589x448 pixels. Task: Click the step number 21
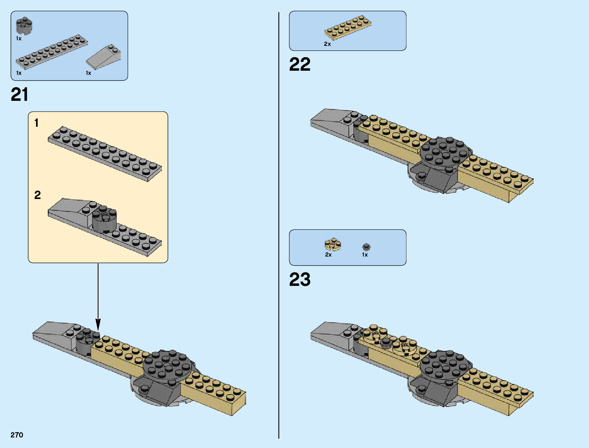(20, 94)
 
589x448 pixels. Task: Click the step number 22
(300, 64)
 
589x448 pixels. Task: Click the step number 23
(300, 279)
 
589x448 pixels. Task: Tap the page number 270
(17, 435)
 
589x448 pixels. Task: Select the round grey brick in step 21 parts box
(24, 26)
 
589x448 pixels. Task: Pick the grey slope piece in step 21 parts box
(104, 57)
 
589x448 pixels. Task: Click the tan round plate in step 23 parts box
(333, 245)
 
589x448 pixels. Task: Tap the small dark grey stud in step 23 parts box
(366, 247)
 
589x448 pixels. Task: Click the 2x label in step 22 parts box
(327, 44)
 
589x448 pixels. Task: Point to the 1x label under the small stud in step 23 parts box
(365, 255)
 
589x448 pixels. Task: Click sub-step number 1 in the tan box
(37, 123)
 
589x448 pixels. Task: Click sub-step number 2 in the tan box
(37, 195)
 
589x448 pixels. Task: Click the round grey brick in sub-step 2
(104, 220)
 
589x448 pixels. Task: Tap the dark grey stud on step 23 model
(386, 342)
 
